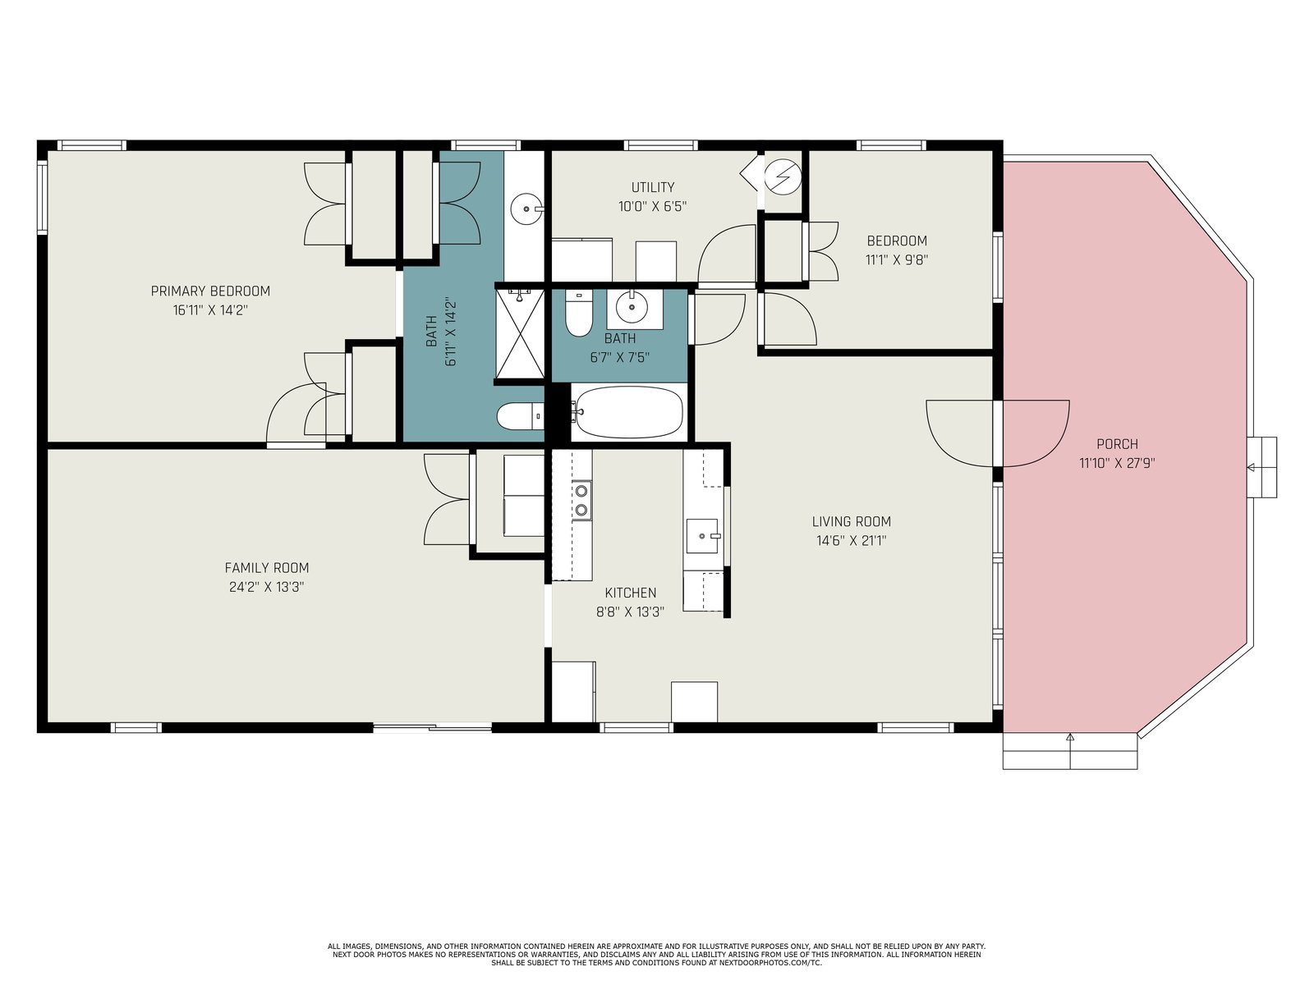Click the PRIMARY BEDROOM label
(210, 291)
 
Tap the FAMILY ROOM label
(266, 567)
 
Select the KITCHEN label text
(631, 593)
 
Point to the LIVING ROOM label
(852, 521)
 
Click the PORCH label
(1117, 444)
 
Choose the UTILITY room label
(653, 187)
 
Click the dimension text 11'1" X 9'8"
(897, 260)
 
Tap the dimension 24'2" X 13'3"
(266, 587)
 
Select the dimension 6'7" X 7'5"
(619, 358)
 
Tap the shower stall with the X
(520, 334)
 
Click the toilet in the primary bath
(520, 415)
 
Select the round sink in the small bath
(632, 307)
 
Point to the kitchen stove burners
(581, 501)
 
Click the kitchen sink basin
(702, 536)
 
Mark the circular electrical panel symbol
(783, 177)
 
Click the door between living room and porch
(997, 433)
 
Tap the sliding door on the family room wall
(432, 727)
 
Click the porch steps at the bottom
(1070, 750)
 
